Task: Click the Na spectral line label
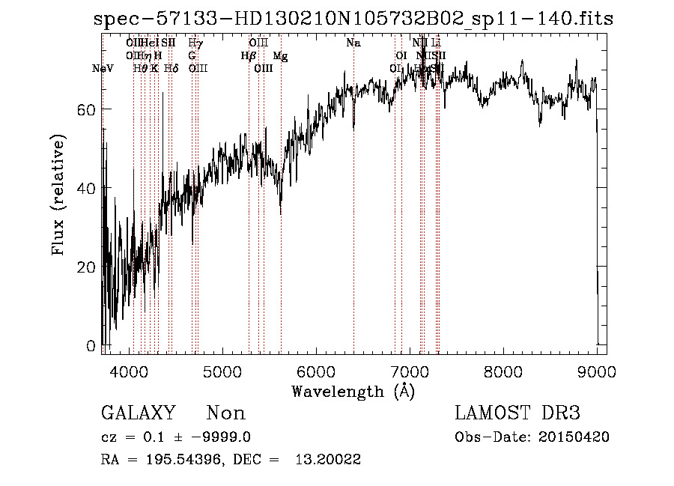[x=353, y=43]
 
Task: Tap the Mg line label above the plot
[x=280, y=56]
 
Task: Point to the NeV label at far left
[x=102, y=69]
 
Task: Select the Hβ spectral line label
[x=248, y=56]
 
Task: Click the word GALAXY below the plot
[x=139, y=413]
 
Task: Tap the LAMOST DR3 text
[x=517, y=413]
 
